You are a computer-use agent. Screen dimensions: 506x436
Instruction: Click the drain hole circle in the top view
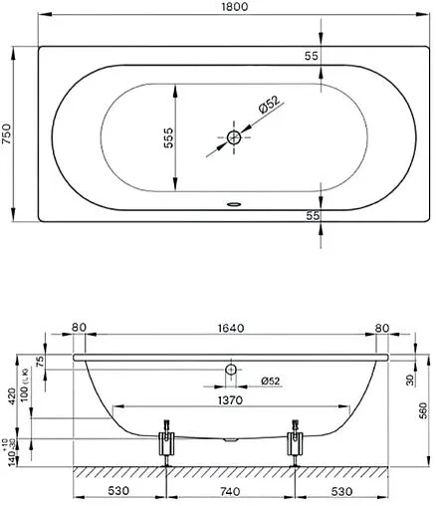[x=234, y=138]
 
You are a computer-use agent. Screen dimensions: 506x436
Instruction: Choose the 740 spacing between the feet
[x=230, y=491]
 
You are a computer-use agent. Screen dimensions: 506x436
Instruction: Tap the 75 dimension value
[x=41, y=362]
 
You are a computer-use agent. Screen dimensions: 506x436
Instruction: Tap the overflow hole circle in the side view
[x=231, y=372]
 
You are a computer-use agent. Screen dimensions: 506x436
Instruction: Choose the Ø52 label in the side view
[x=270, y=381]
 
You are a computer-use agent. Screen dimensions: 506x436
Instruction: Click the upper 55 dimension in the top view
[x=311, y=57]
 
